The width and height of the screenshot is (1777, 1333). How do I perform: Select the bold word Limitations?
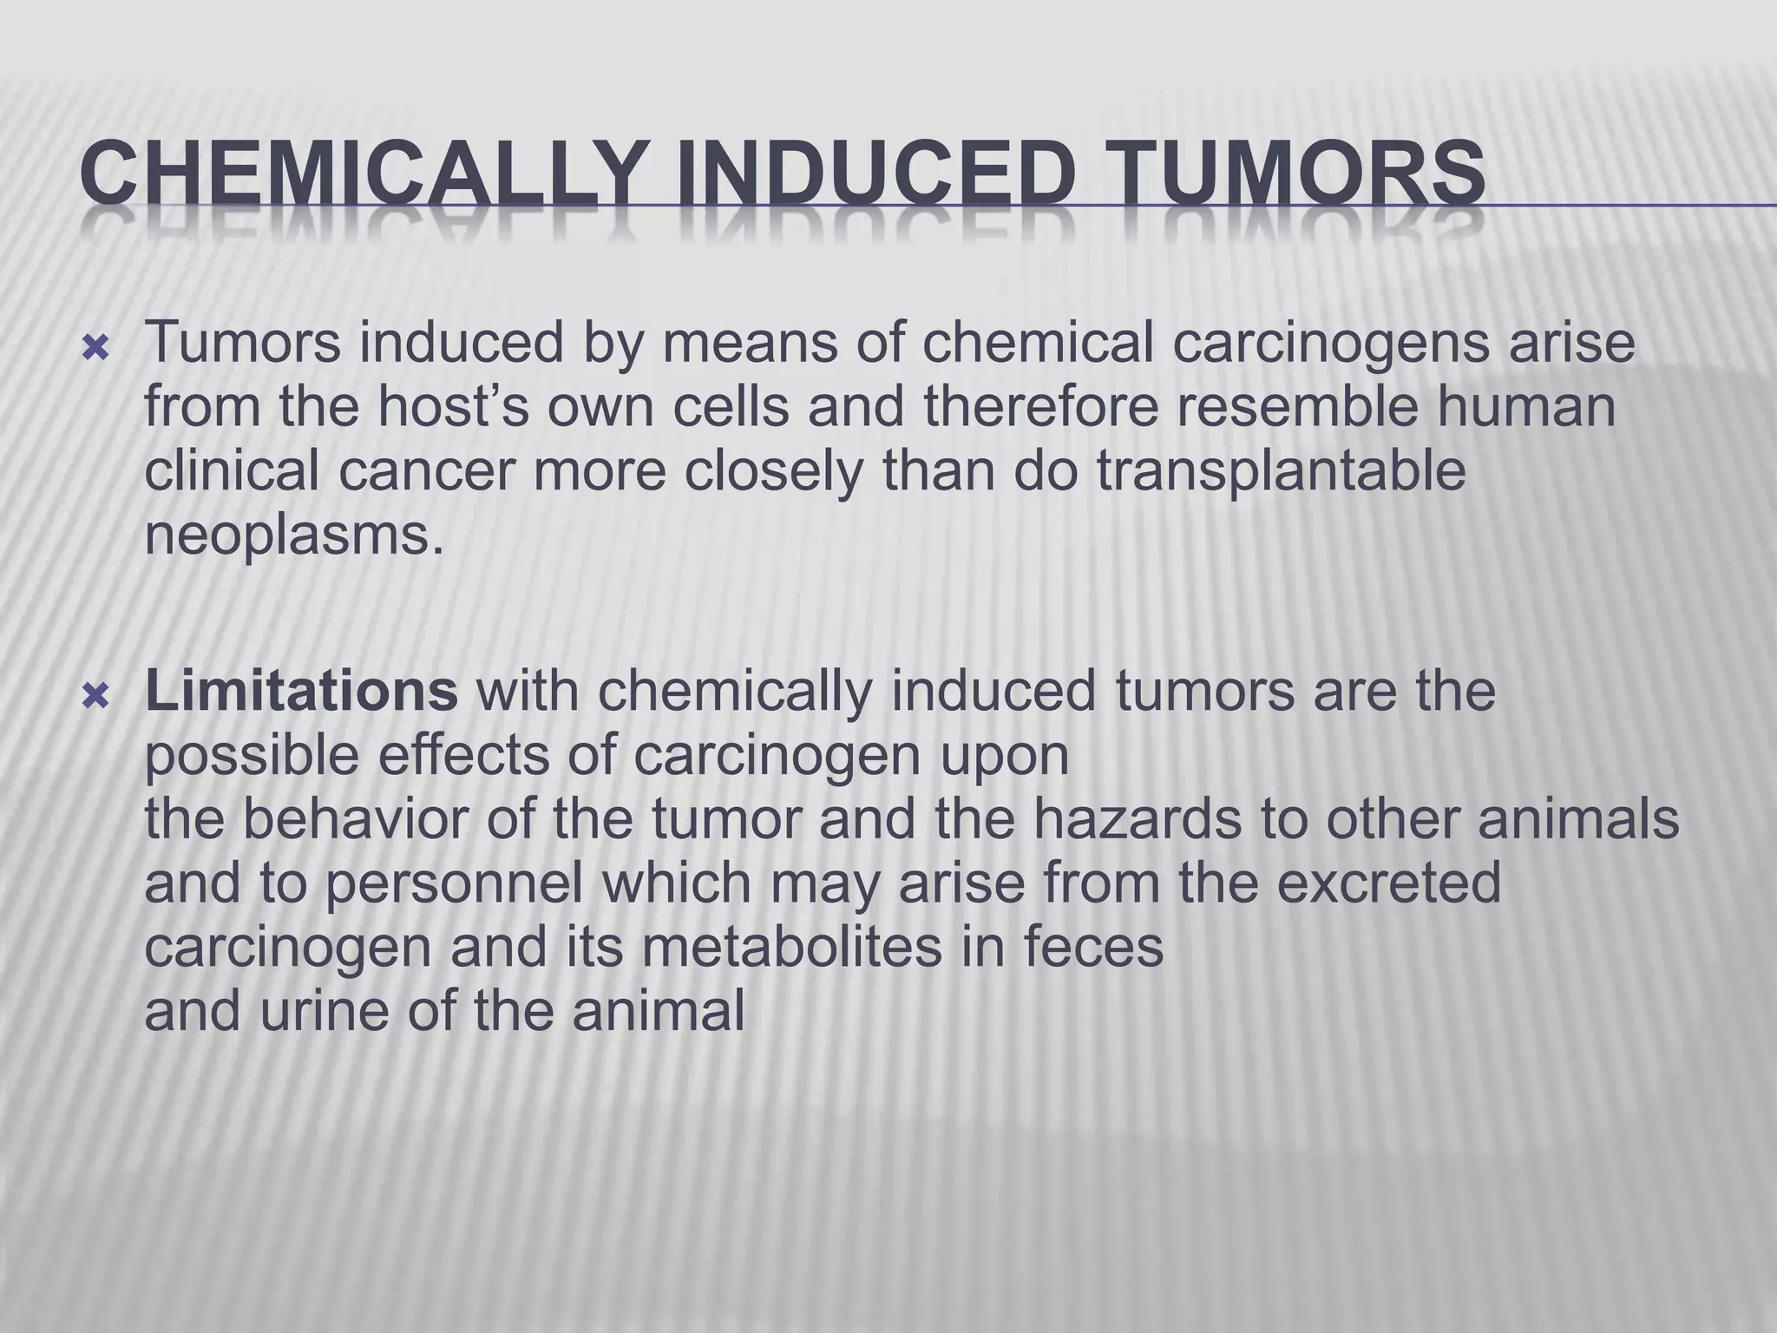point(301,690)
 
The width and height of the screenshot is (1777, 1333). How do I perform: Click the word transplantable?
point(1281,471)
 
